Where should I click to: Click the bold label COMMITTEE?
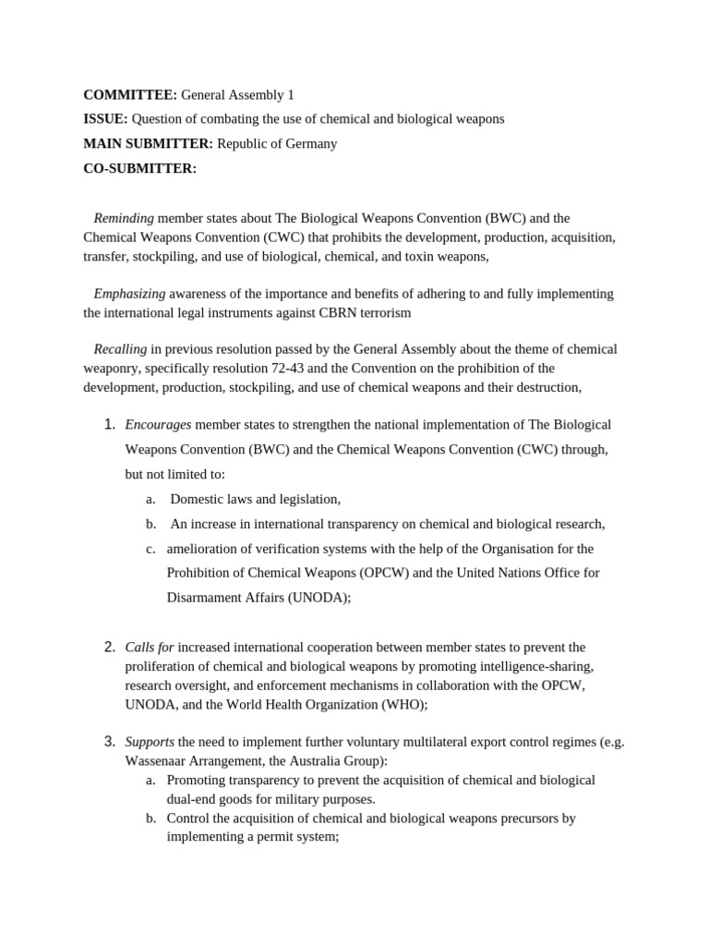[129, 94]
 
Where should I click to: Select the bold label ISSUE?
[105, 119]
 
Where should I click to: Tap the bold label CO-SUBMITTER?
[139, 168]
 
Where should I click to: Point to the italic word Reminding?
[124, 218]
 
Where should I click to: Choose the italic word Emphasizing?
[129, 294]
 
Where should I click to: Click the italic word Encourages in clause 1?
[158, 425]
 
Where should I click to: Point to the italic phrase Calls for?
[150, 647]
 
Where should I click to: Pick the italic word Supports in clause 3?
[150, 742]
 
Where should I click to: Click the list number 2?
[108, 647]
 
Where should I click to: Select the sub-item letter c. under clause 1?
[150, 549]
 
